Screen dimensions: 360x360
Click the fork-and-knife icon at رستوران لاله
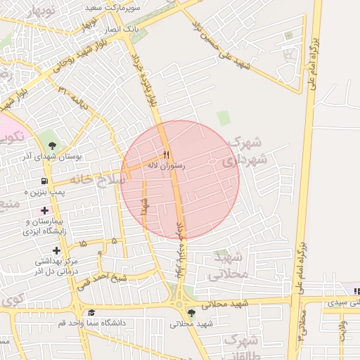click(x=167, y=155)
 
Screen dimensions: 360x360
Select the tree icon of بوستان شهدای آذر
click(x=51, y=146)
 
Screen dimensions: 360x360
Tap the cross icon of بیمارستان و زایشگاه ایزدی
click(x=45, y=210)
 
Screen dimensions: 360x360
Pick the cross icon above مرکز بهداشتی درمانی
click(x=56, y=250)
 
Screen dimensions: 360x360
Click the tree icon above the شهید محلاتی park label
click(x=191, y=313)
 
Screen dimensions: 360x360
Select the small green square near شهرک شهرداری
click(x=223, y=118)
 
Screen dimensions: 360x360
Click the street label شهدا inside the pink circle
click(x=146, y=212)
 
